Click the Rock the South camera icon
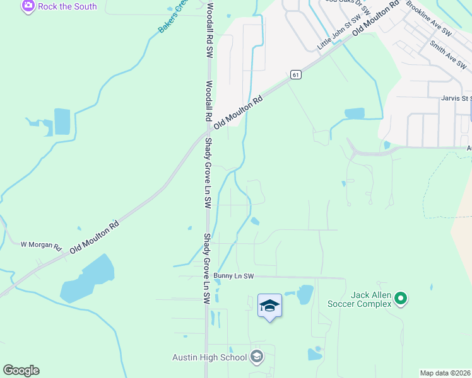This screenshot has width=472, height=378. pos(28,6)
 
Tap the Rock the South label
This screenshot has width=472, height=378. pos(68,6)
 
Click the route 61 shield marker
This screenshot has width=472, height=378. pos(295,74)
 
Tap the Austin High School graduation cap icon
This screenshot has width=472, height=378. pos(256,357)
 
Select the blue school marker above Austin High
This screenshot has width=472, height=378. pos(269,306)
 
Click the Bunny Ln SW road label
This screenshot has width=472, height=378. pos(233,276)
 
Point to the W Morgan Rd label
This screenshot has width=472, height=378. pos(40,244)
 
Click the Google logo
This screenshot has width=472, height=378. pos(21,370)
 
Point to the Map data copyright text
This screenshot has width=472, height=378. pos(445,373)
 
